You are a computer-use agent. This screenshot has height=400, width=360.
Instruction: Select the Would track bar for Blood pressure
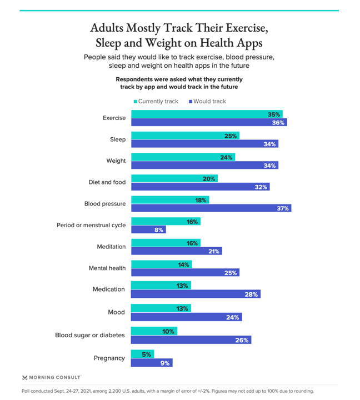click(x=211, y=208)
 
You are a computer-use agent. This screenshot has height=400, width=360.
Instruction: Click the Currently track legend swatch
click(x=135, y=102)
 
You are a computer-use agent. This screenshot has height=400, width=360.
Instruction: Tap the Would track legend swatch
click(x=190, y=102)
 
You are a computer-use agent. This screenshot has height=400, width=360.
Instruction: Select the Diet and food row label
click(x=107, y=182)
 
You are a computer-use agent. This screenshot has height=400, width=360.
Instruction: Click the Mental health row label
click(x=107, y=268)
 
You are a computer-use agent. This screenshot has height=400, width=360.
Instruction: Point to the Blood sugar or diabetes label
click(x=90, y=335)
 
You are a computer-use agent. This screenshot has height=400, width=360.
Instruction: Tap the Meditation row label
click(x=112, y=247)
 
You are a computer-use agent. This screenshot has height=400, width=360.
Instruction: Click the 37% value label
click(x=283, y=208)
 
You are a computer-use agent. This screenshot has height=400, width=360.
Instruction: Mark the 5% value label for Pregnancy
click(x=147, y=354)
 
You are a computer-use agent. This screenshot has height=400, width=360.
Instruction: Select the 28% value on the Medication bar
click(x=251, y=294)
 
